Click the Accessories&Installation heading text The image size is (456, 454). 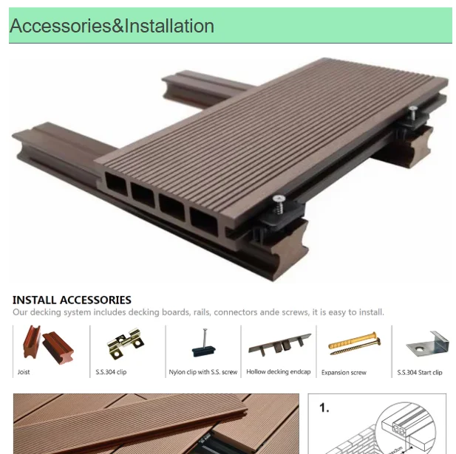click(112, 26)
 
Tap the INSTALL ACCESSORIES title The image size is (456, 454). click(72, 300)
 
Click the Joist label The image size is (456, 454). click(24, 372)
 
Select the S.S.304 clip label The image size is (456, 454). click(111, 372)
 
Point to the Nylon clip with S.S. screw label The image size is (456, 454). click(203, 372)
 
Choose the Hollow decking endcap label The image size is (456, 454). click(279, 372)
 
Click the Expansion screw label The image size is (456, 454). click(344, 373)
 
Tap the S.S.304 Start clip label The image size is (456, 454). click(420, 373)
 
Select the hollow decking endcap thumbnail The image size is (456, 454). click(279, 345)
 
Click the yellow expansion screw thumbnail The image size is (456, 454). click(355, 343)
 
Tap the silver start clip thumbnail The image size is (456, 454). click(427, 344)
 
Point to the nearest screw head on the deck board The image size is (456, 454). click(279, 199)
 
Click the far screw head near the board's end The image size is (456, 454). click(412, 109)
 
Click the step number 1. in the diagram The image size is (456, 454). click(324, 408)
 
